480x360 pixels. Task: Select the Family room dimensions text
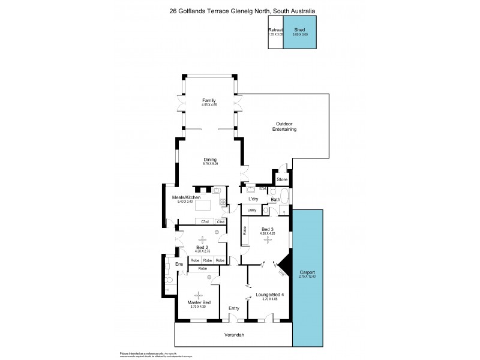pos(209,105)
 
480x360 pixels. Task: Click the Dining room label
pos(209,159)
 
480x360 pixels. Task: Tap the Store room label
pos(282,179)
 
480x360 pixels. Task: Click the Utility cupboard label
pos(252,210)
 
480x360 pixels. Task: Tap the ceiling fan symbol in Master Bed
pos(198,294)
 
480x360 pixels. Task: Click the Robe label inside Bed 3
pos(245,230)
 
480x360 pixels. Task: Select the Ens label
pos(178,264)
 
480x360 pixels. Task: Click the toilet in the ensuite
pos(169,280)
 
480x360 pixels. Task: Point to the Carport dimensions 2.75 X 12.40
pos(307,277)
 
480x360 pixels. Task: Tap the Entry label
pos(234,308)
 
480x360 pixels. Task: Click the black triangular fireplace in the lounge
pos(284,265)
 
